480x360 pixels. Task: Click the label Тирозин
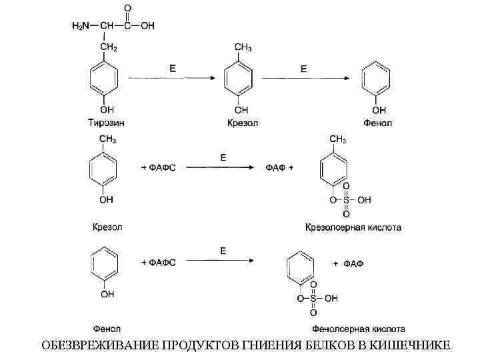tap(106, 123)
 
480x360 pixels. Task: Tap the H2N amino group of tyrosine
tap(81, 26)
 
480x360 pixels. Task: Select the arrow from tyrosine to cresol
tap(171, 79)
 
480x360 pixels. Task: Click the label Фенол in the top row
tap(378, 123)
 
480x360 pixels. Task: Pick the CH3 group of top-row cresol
tap(243, 47)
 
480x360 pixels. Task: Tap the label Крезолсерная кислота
tap(353, 227)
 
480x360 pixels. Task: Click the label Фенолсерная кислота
tap(358, 328)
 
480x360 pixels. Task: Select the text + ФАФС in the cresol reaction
tap(158, 167)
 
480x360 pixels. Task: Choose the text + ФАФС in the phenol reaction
tap(158, 263)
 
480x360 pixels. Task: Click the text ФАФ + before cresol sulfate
tap(280, 167)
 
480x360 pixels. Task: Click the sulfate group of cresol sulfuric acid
tap(347, 199)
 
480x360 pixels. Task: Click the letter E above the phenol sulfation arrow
tap(223, 250)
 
